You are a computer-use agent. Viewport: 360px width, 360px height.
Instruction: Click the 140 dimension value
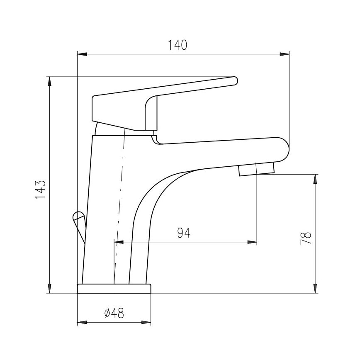click(x=178, y=44)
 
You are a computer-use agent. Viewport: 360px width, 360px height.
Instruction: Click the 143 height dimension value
click(x=40, y=190)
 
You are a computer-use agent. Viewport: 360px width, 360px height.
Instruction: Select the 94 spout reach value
click(x=184, y=233)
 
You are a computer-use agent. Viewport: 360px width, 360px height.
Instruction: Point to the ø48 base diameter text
click(x=114, y=314)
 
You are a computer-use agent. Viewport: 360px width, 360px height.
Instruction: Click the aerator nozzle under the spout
click(x=256, y=169)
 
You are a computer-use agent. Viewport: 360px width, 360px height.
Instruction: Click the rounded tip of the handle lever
click(x=234, y=80)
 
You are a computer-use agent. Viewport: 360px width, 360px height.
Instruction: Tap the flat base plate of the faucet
click(x=114, y=289)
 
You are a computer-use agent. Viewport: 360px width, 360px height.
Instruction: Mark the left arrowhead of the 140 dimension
click(x=82, y=54)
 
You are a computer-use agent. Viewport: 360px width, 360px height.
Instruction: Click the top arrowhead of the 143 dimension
click(x=50, y=81)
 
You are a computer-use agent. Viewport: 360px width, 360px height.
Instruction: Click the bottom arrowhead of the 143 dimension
click(x=50, y=289)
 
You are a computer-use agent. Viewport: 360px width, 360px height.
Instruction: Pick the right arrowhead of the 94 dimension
click(x=252, y=242)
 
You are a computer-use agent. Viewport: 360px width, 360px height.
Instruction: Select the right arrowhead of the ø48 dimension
click(x=146, y=322)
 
